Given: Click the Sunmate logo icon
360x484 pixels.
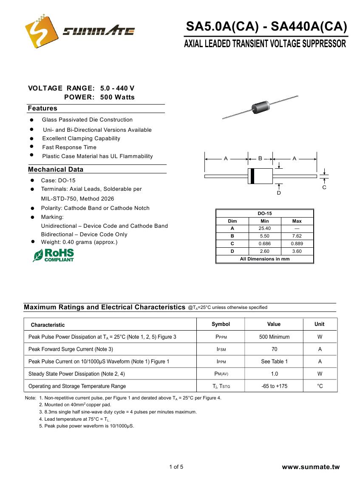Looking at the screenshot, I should [x=42, y=32].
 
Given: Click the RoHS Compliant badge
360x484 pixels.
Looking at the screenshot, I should [x=54, y=255].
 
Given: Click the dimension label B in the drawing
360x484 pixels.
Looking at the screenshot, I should [x=260, y=158].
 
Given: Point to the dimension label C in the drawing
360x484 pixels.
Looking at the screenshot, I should [x=324, y=187].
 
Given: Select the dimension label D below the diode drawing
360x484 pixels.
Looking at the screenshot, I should [x=279, y=193].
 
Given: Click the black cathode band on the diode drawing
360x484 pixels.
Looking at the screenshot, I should [x=252, y=176].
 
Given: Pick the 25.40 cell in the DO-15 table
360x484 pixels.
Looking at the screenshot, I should [x=264, y=229].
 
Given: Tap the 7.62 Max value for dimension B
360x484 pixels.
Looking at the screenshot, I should [x=297, y=236].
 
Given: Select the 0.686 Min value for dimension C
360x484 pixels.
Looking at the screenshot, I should [x=264, y=244].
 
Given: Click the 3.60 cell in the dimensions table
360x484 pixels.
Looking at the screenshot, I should [x=297, y=252].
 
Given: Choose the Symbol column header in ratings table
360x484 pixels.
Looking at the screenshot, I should [x=221, y=324].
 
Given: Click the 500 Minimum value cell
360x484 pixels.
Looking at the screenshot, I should [x=274, y=337].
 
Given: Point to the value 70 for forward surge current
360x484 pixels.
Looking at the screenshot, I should [x=274, y=349].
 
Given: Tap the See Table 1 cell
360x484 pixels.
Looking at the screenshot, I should [x=274, y=362].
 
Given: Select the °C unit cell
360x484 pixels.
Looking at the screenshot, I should [x=320, y=386].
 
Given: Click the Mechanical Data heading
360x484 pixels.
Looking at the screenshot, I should [x=56, y=170].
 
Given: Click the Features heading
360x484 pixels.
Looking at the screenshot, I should [x=43, y=109].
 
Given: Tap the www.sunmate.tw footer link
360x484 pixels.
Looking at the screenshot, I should [x=311, y=467].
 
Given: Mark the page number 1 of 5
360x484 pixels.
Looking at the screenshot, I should [x=176, y=467].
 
